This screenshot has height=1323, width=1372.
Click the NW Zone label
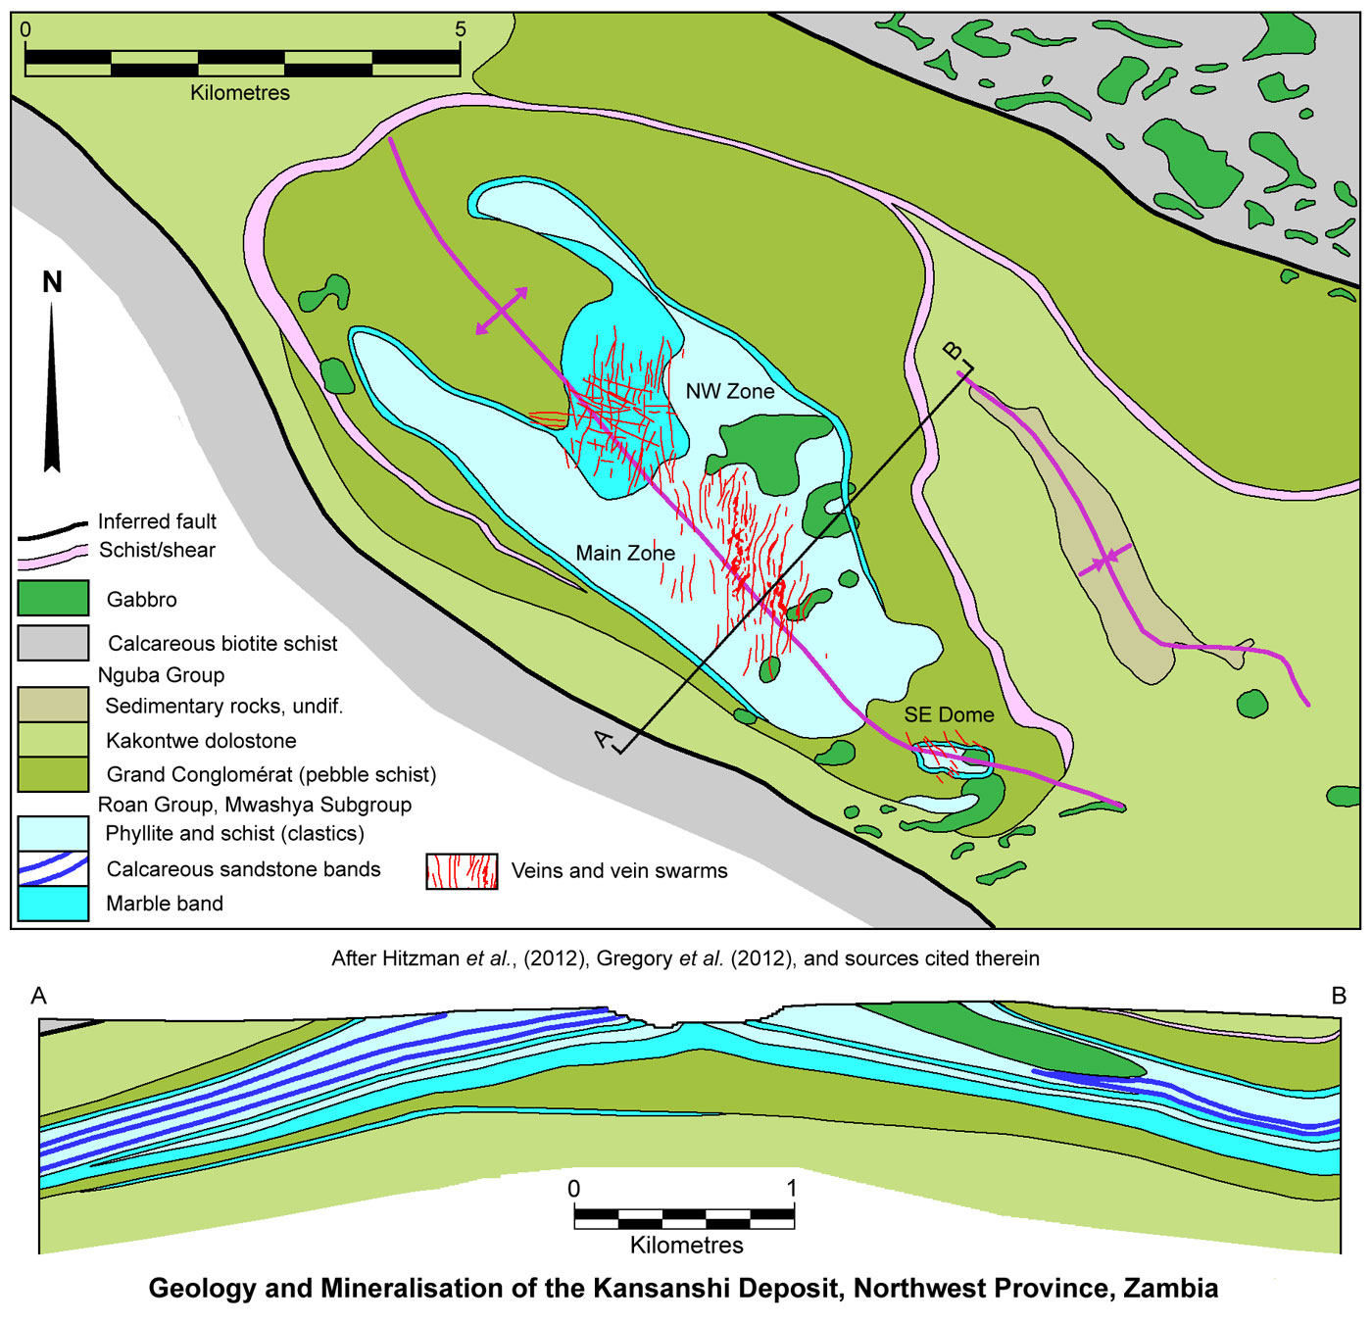[x=730, y=391]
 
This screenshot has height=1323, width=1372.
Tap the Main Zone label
[x=625, y=553]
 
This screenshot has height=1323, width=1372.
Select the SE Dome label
[x=949, y=714]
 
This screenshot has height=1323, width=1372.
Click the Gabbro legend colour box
[x=53, y=599]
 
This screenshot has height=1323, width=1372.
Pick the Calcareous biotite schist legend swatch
[x=53, y=643]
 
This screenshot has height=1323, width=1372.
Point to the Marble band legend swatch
[x=53, y=903]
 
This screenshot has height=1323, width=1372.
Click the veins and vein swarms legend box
[x=462, y=870]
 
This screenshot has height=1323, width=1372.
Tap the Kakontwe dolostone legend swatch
[x=53, y=740]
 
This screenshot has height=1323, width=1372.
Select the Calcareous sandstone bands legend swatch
[x=53, y=868]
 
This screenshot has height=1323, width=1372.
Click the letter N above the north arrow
[x=52, y=282]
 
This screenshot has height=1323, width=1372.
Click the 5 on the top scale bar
[x=461, y=29]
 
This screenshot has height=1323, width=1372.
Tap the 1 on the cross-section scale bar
[x=792, y=1189]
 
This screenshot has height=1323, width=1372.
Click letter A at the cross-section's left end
[x=39, y=996]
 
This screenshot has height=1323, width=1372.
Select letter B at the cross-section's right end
[x=1339, y=996]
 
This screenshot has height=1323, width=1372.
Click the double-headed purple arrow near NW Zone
[x=502, y=311]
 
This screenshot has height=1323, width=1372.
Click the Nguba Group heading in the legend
[x=161, y=675]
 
